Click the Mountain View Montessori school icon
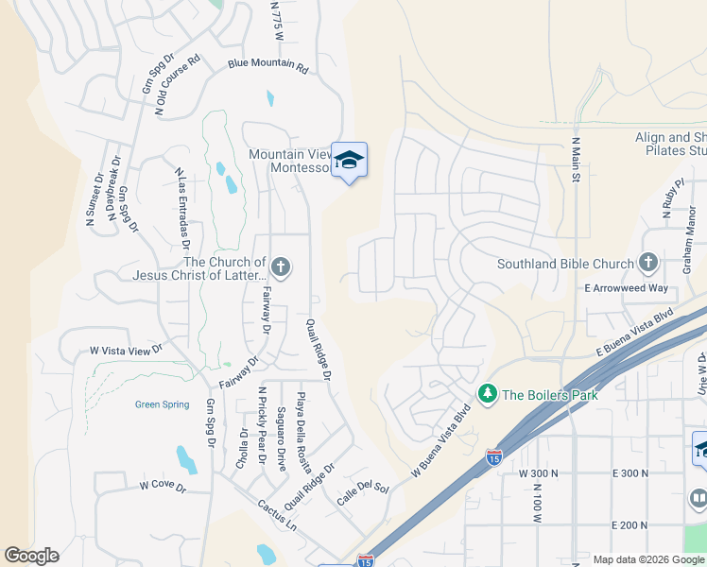[x=349, y=161]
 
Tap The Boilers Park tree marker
[x=488, y=393]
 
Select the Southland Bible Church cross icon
[x=647, y=263]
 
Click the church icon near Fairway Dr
[x=280, y=266]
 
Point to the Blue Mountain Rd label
[x=268, y=68]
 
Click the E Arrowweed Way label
[x=626, y=288]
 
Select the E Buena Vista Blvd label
[x=634, y=331]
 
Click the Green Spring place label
[x=162, y=404]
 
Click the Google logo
[x=31, y=556]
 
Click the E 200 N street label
[x=630, y=524]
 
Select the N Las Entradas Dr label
[x=183, y=206]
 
